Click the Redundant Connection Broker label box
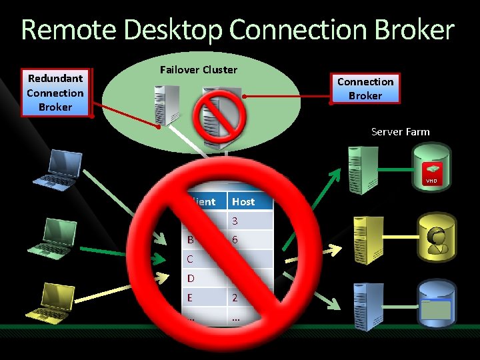pos(55,93)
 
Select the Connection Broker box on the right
pos(365,88)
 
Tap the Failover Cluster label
pos(199,69)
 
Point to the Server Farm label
pos(400,131)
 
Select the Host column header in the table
pos(243,201)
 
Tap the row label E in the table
pos(191,297)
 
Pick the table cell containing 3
pos(235,221)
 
